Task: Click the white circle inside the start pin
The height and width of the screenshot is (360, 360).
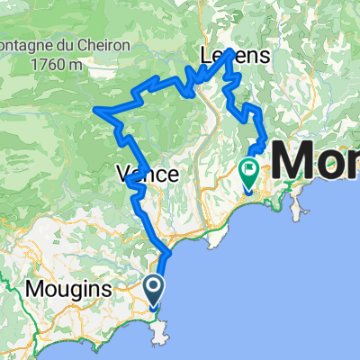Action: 154,286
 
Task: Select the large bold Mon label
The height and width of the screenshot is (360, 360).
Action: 315,165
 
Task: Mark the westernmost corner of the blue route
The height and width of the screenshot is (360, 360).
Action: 95,110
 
